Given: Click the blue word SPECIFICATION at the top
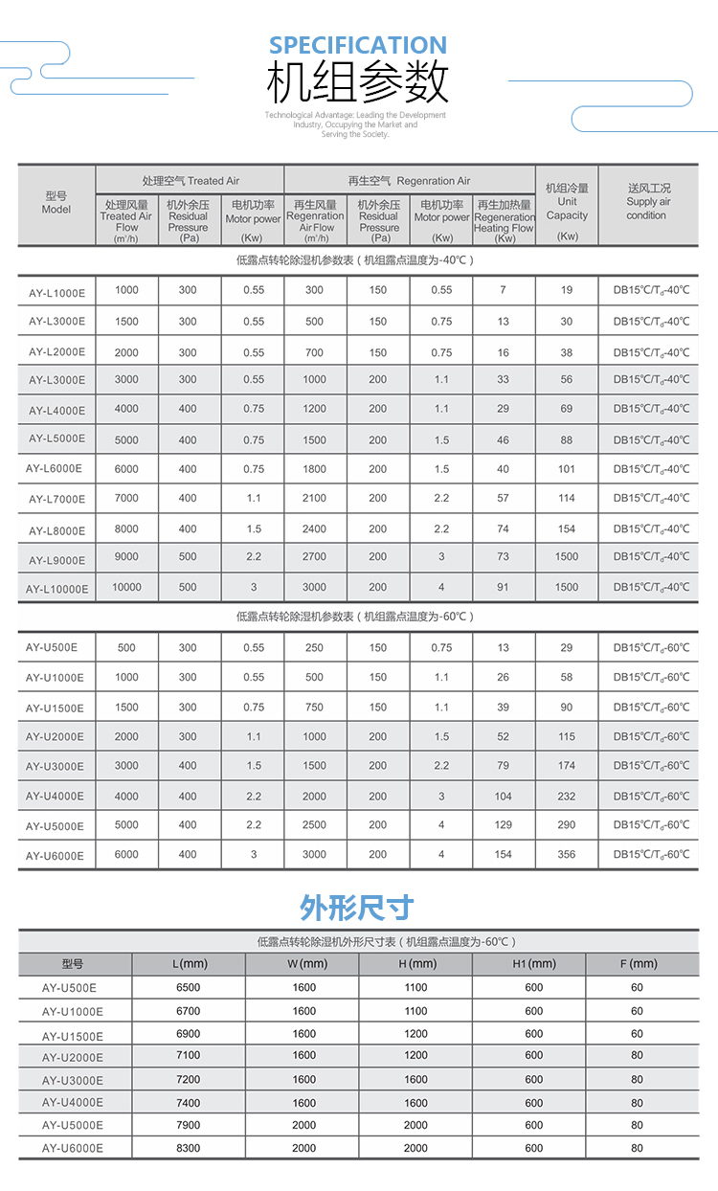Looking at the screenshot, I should pos(357,45).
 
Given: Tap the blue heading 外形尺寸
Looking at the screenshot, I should pos(357,906).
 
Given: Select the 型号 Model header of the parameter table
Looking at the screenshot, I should pos(56,202).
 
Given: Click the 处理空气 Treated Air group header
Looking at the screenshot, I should pos(191,180).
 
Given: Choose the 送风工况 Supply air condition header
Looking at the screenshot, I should pos(648,202).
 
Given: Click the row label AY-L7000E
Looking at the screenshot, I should pos(56,499).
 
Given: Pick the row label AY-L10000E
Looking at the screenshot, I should pos(56,589).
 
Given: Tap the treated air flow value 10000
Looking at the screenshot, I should pos(126,587).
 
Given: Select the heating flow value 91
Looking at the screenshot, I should pos(504,587).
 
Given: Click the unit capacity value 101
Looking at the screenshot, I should pos(567,469).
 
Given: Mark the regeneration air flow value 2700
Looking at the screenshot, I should pos(314,556).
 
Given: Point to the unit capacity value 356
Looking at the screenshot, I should pos(567,854).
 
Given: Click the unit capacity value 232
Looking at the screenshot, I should pos(567,796).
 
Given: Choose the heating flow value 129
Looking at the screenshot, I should pos(504,824).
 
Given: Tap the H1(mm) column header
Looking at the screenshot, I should pos(534,963).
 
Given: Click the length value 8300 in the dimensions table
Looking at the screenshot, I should pos(189,1148).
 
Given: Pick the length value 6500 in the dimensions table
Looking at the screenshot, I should pos(189,987).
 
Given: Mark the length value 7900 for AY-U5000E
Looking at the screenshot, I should pos(189,1125).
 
